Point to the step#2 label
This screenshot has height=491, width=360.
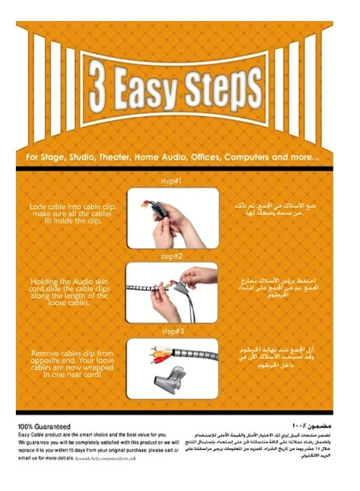(172, 256)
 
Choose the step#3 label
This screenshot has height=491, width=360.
(172, 331)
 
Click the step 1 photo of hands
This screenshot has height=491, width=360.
(173, 218)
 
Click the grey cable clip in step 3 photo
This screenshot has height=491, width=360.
(168, 379)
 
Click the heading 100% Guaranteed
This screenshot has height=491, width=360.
(44, 426)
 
